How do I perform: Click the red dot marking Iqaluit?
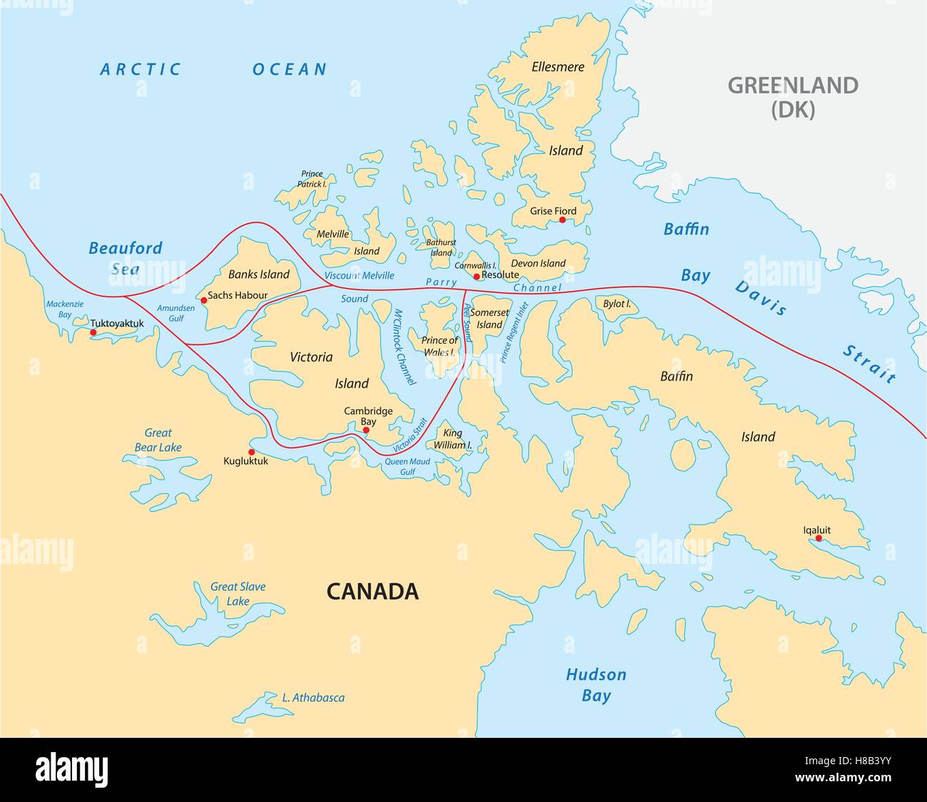819,538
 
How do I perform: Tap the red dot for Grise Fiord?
562,220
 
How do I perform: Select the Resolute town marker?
477,276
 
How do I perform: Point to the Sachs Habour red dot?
204,300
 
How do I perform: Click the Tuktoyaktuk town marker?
93,332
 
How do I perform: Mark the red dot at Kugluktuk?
251,452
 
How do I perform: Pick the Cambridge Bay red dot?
367,430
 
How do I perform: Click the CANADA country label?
372,591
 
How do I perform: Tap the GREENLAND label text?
792,86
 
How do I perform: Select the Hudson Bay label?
596,684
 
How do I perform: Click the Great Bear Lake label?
158,440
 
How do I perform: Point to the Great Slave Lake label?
237,594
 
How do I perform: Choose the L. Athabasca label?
313,698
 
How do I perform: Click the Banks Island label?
259,274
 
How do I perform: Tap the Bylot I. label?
617,304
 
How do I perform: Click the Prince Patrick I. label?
312,179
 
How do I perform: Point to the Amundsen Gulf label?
175,313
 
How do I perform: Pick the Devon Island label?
538,263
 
